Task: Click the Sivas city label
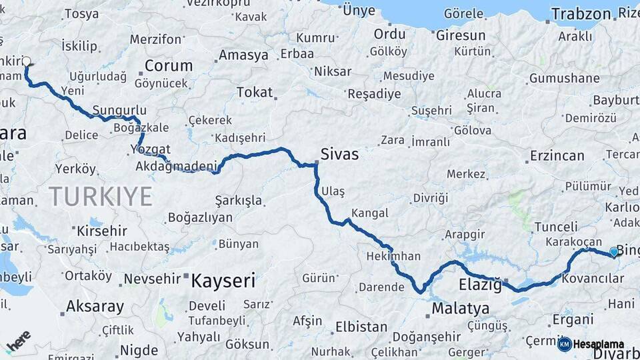pyautogui.click(x=339, y=155)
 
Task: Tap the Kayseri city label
pyautogui.click(x=223, y=281)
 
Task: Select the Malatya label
pyautogui.click(x=460, y=309)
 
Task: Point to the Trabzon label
pyautogui.click(x=581, y=13)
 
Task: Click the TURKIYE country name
pyautogui.click(x=100, y=197)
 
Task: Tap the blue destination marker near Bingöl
pyautogui.click(x=614, y=251)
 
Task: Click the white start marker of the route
pyautogui.click(x=27, y=61)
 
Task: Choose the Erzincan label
pyautogui.click(x=557, y=156)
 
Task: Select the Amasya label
pyautogui.click(x=243, y=55)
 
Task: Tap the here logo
pyautogui.click(x=18, y=341)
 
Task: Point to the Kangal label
pyautogui.click(x=369, y=214)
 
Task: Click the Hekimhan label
pyautogui.click(x=393, y=256)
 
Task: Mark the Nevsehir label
pyautogui.click(x=153, y=279)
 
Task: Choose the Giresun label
pyautogui.click(x=461, y=35)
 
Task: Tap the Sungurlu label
pyautogui.click(x=119, y=110)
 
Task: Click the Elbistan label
pyautogui.click(x=361, y=327)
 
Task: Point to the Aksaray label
pyautogui.click(x=95, y=307)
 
